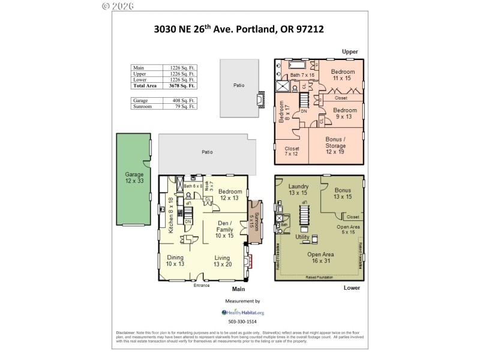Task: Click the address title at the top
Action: coord(239,28)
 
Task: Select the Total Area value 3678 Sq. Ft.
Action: coord(185,86)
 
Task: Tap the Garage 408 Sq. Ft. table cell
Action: coord(185,100)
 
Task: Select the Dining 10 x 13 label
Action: coord(176,260)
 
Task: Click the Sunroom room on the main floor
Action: coord(255,221)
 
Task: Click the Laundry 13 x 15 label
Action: coord(298,190)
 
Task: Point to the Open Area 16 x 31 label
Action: coord(320,257)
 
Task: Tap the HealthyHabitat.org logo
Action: coord(242,312)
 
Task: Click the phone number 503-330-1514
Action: coord(242,322)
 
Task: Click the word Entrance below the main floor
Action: coord(202,286)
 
